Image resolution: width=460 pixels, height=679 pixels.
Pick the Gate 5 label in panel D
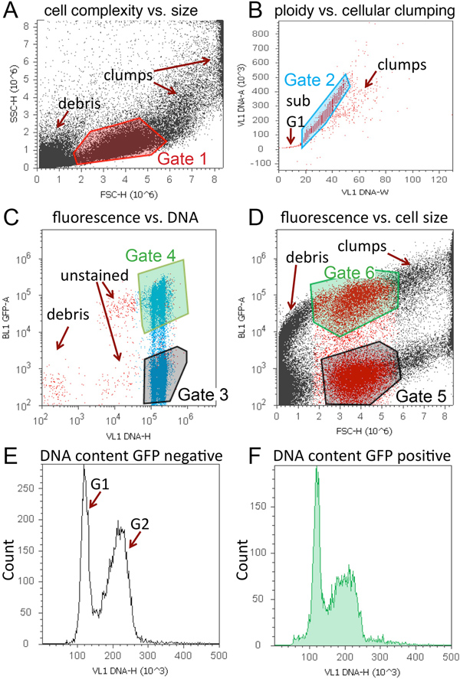pyautogui.click(x=422, y=395)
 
